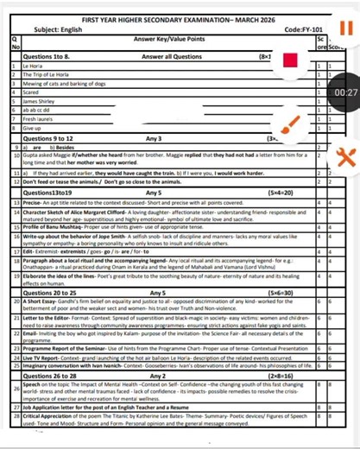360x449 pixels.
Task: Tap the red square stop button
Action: (290, 61)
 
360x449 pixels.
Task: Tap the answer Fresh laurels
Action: (39, 118)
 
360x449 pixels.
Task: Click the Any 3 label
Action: (154, 137)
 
